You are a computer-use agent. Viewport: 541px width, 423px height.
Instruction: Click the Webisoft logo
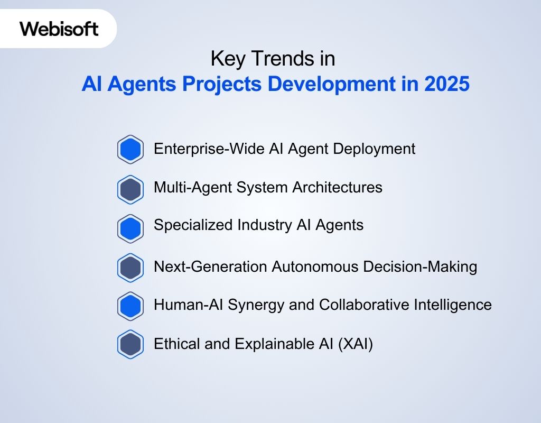(59, 29)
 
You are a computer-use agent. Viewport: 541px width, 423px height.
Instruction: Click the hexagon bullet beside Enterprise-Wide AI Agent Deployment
(130, 150)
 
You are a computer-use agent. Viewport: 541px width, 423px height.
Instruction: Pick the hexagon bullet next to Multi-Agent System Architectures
(130, 189)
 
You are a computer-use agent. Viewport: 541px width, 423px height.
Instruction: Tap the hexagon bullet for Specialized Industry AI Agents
(130, 228)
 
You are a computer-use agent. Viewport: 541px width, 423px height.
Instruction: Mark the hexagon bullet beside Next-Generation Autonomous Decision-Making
(130, 268)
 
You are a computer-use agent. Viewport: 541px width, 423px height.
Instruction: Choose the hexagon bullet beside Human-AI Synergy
(130, 306)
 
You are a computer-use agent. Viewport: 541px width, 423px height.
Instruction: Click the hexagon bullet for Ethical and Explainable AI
(130, 345)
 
